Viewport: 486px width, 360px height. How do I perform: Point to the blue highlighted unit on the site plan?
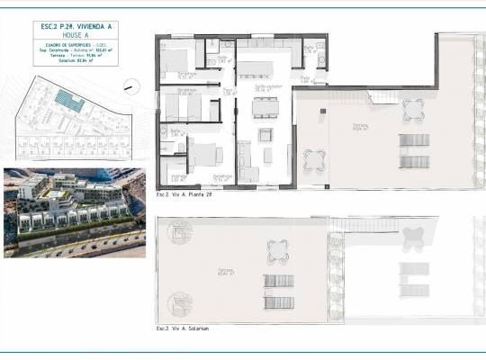click(x=68, y=101)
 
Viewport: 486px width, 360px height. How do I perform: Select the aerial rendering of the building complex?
click(x=74, y=212)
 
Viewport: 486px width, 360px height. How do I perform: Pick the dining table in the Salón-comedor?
click(x=265, y=107)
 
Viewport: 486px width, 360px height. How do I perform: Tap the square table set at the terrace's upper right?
click(x=413, y=110)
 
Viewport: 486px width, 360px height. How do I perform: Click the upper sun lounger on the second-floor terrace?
click(x=414, y=140)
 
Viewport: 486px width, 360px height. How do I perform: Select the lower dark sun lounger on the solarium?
click(x=279, y=301)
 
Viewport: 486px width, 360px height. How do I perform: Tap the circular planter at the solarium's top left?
click(x=180, y=232)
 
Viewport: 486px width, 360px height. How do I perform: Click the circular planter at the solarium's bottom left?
click(x=180, y=301)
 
